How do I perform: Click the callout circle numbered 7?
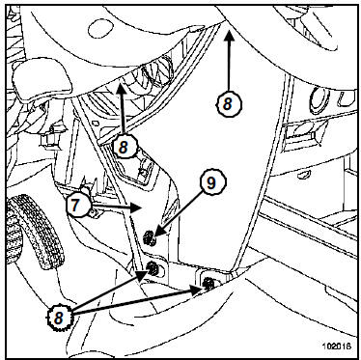pyautogui.click(x=78, y=206)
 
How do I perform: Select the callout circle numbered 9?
pyautogui.click(x=212, y=182)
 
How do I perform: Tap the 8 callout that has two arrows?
pyautogui.click(x=59, y=318)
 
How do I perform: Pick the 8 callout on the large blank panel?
pyautogui.click(x=228, y=104)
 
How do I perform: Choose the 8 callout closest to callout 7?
pyautogui.click(x=124, y=148)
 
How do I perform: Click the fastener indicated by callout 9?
pyautogui.click(x=149, y=238)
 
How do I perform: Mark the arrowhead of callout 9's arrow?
pyautogui.click(x=159, y=233)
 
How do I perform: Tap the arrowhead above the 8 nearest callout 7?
pyautogui.click(x=122, y=88)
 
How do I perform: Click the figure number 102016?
pyautogui.click(x=337, y=346)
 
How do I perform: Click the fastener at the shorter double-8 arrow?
pyautogui.click(x=153, y=267)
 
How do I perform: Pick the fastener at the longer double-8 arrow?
pyautogui.click(x=208, y=283)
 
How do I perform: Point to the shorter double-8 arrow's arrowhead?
pyautogui.click(x=142, y=274)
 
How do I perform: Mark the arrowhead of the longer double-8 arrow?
pyautogui.click(x=196, y=290)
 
